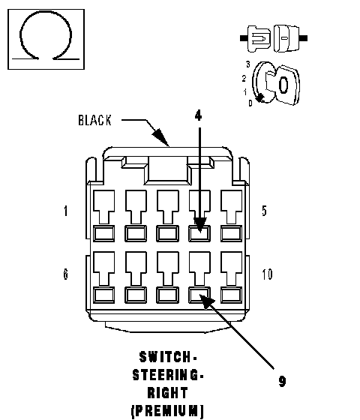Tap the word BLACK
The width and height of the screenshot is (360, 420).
click(x=94, y=120)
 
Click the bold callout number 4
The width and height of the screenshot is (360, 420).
click(x=198, y=115)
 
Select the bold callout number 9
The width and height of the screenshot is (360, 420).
click(x=282, y=381)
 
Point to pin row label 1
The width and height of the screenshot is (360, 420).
click(x=66, y=211)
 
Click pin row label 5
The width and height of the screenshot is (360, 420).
click(x=264, y=211)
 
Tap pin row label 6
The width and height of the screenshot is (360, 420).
click(x=66, y=274)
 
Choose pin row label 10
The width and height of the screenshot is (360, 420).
click(x=267, y=274)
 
